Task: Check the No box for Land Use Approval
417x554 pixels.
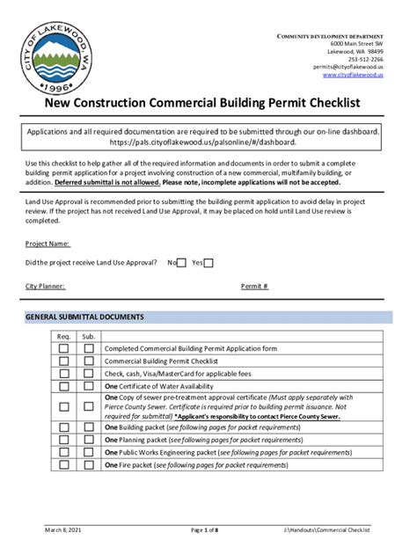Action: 181,263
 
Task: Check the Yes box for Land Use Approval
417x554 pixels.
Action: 208,263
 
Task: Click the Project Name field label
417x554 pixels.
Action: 48,244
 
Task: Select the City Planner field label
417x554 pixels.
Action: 45,286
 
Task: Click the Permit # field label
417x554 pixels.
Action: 254,286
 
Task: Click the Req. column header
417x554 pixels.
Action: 63,336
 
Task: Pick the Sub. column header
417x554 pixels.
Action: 88,336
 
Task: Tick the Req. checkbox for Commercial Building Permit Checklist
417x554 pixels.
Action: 63,361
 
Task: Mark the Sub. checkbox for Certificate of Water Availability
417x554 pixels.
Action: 88,386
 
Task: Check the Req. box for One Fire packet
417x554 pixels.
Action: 63,464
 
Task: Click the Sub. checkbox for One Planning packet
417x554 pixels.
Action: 88,440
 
